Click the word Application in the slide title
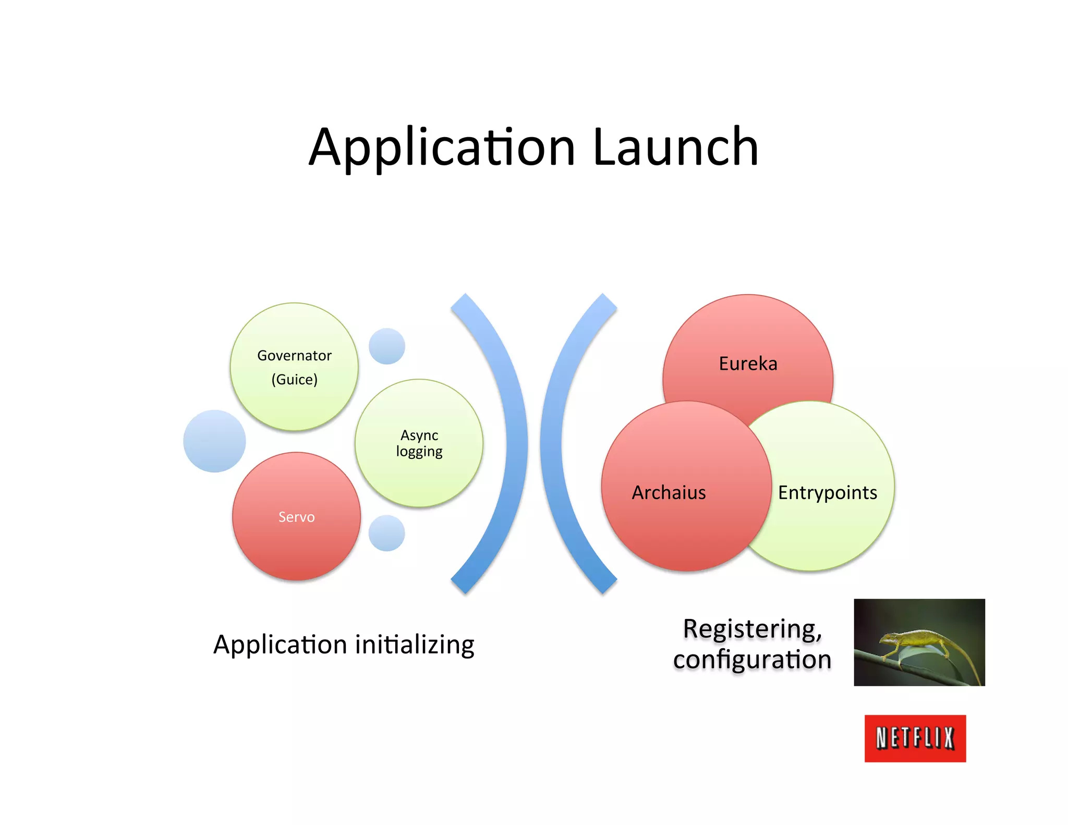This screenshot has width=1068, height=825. pos(442,148)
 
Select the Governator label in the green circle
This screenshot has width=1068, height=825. pos(294,356)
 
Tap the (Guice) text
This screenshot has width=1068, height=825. pos(294,379)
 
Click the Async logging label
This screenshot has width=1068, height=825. pos(419,443)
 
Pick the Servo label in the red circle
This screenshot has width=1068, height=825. pos(296,517)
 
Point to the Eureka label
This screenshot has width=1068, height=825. pos(748,363)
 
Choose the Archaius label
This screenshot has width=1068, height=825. pos(669,492)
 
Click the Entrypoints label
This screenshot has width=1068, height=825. pos(828,492)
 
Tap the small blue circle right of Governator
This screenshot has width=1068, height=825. pos(387,346)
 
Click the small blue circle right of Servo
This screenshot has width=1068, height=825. pos(387,533)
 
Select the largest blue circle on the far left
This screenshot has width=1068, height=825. pos(214,441)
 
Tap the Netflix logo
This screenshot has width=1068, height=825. pos(915,738)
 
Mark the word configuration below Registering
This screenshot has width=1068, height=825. pos(752,660)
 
